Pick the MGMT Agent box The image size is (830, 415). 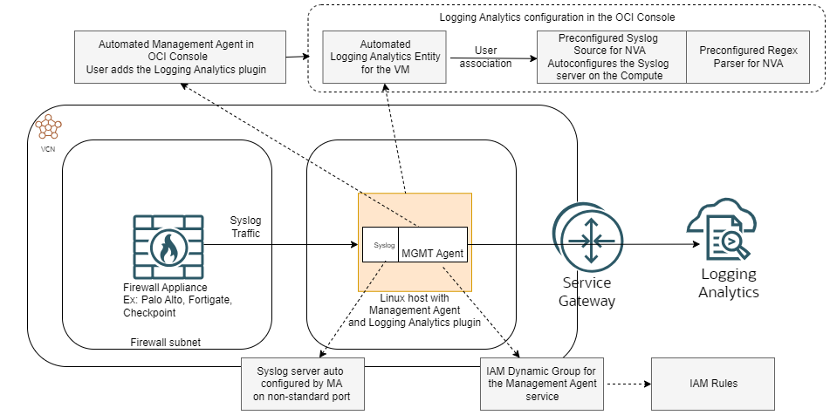432,254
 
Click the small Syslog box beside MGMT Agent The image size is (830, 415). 381,246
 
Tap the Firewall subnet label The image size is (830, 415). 166,343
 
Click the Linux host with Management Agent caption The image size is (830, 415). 415,310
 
